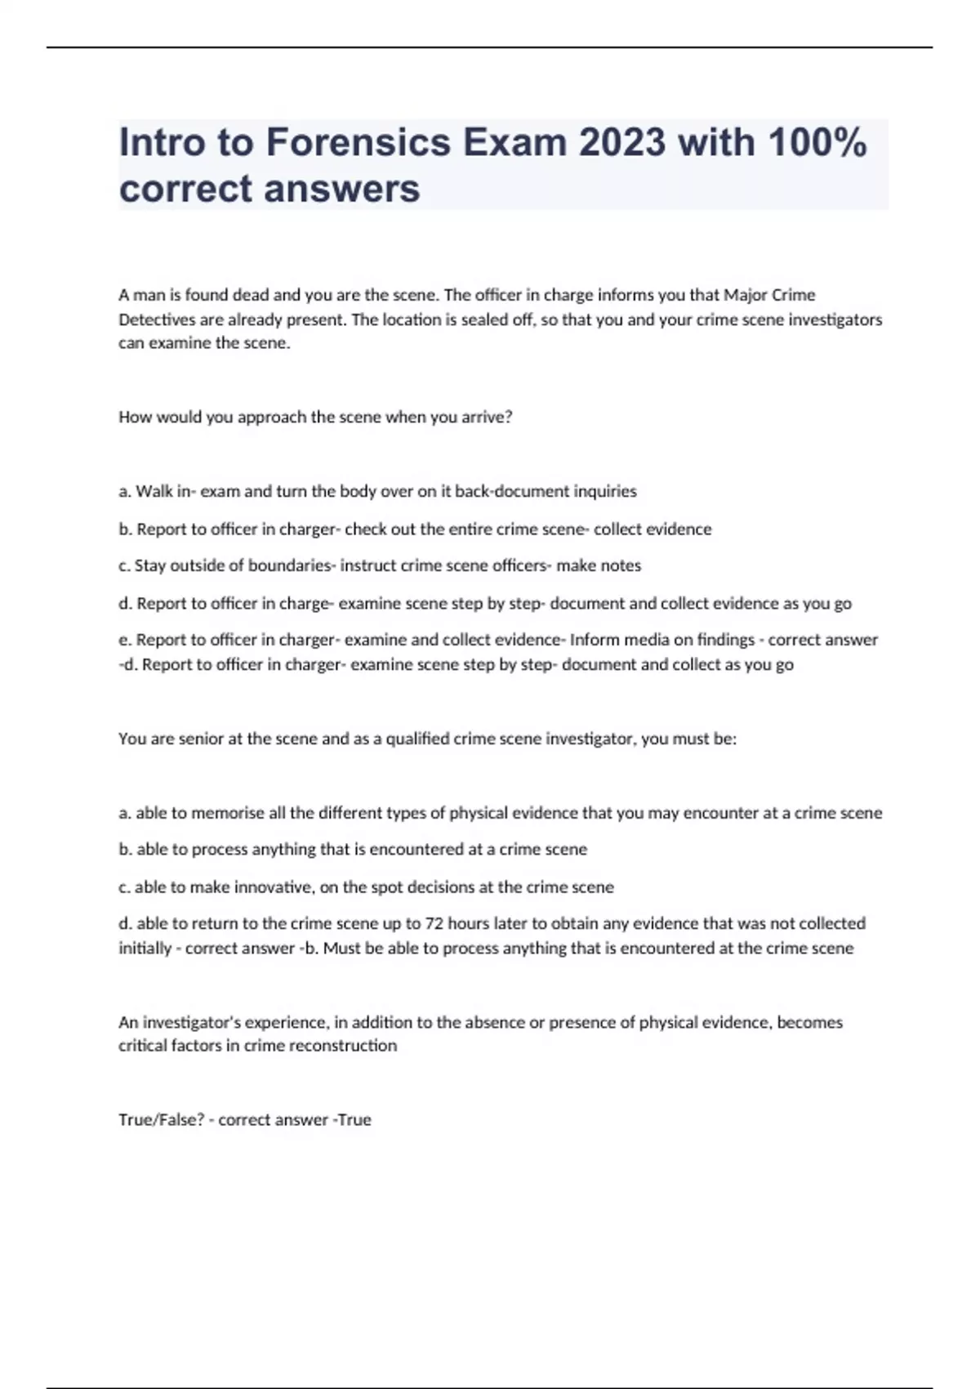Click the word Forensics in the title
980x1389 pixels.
tap(359, 143)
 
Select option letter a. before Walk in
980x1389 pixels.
tap(125, 492)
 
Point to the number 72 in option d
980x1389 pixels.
tap(434, 923)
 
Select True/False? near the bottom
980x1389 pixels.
tap(161, 1120)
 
